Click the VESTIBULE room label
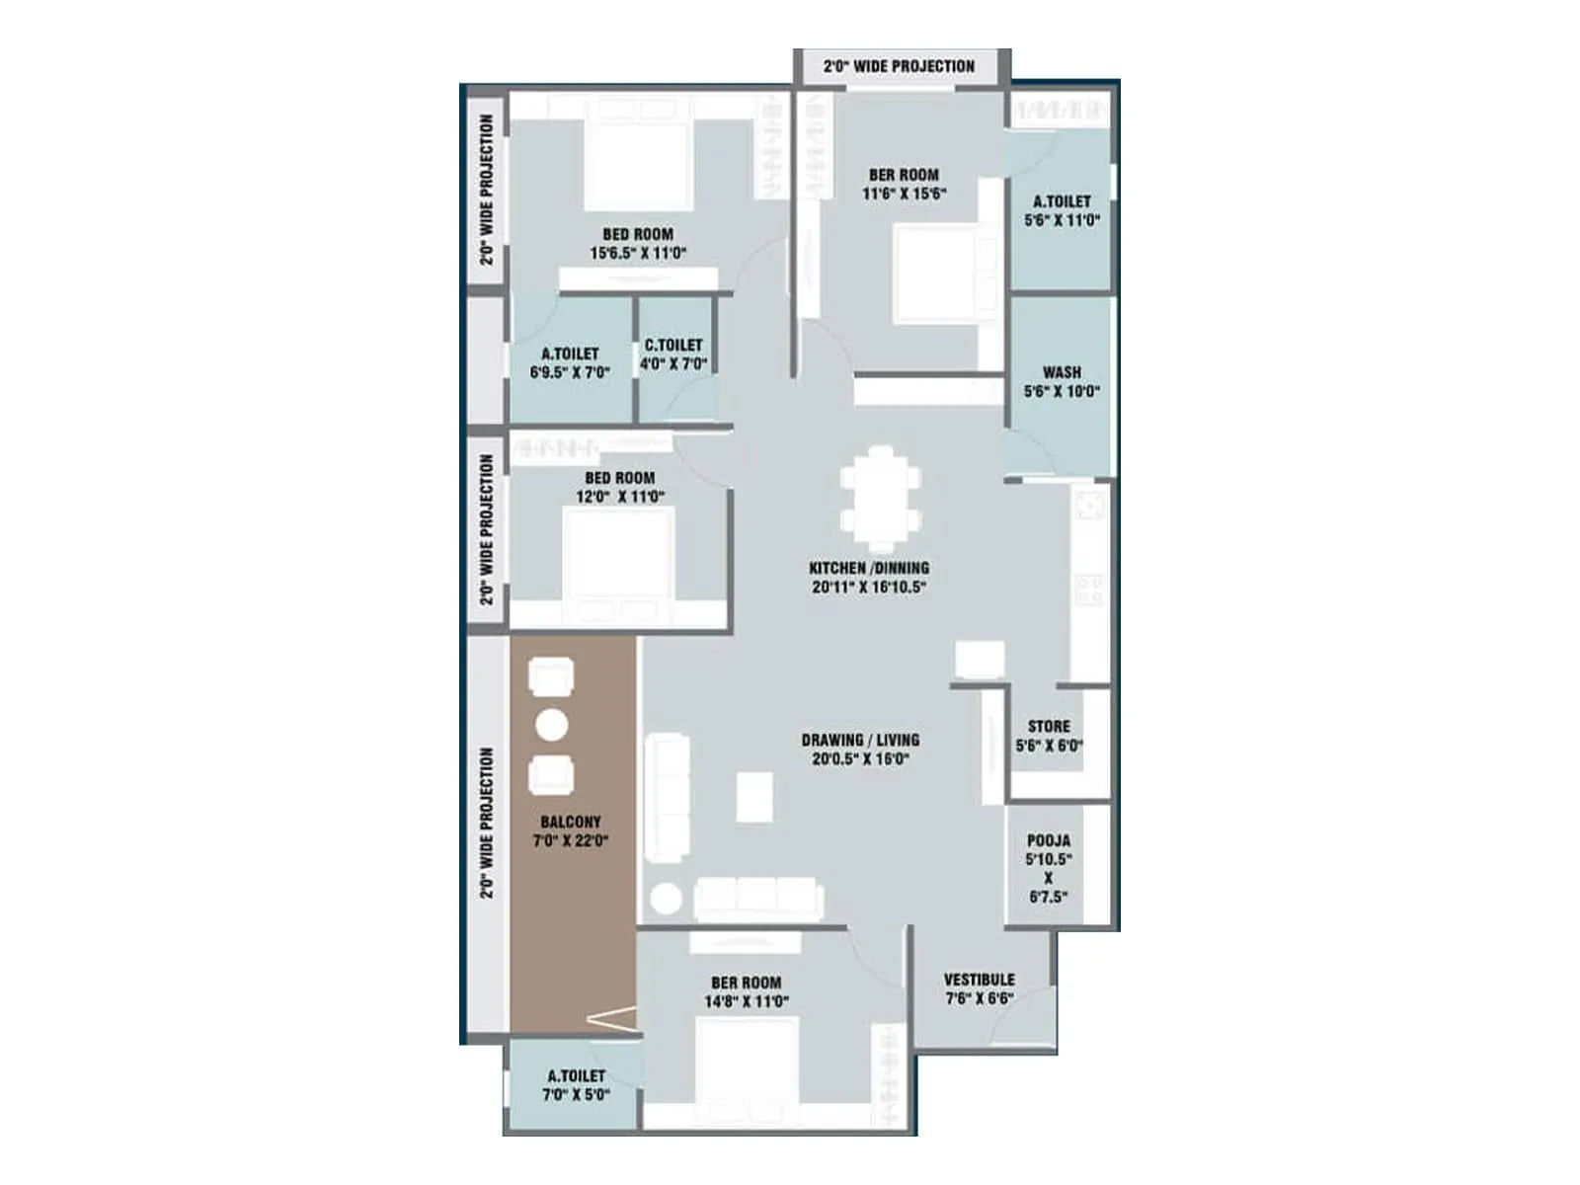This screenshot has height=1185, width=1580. point(979,980)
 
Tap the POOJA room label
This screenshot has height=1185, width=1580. point(1048,841)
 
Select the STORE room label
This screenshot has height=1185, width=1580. point(1048,726)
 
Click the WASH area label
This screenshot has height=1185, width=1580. point(1062,372)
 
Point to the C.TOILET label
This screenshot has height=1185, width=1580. point(673,345)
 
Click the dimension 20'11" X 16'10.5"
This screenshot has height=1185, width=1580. point(869,588)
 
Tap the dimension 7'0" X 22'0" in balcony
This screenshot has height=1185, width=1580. point(571,841)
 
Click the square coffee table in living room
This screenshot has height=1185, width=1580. point(754,796)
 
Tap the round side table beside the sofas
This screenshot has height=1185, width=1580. point(666,900)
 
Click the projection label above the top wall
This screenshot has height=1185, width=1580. point(899,66)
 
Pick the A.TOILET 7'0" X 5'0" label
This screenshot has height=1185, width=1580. point(576,1076)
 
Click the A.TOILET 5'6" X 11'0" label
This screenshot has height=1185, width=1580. point(1062,201)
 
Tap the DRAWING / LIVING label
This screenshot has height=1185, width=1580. point(860,740)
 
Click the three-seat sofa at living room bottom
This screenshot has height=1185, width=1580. point(757,898)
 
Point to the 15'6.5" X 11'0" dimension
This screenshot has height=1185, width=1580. point(638,254)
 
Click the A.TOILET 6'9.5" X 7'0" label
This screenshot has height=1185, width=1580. point(570,354)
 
